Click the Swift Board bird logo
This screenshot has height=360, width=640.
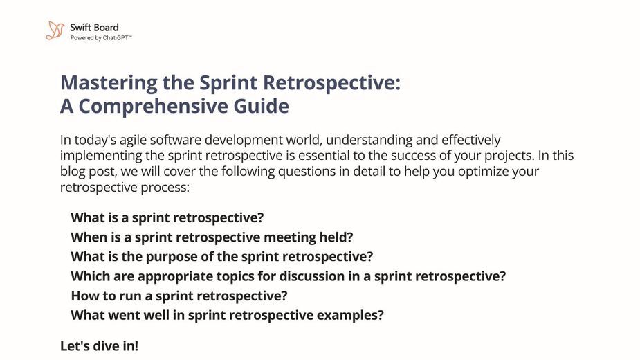[x=55, y=30]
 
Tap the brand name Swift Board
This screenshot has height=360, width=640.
[x=94, y=28]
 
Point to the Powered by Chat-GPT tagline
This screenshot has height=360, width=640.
[x=101, y=38]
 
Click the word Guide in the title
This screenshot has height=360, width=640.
[x=262, y=106]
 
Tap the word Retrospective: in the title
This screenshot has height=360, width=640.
[x=332, y=83]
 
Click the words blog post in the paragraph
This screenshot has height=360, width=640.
[x=89, y=172]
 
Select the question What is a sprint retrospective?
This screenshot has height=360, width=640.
[x=167, y=218]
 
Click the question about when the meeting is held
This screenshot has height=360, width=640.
[x=212, y=237]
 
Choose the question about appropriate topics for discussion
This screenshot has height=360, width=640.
[x=288, y=277]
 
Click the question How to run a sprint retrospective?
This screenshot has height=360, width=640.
[x=179, y=296]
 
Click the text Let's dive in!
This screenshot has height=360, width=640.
[x=99, y=346]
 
